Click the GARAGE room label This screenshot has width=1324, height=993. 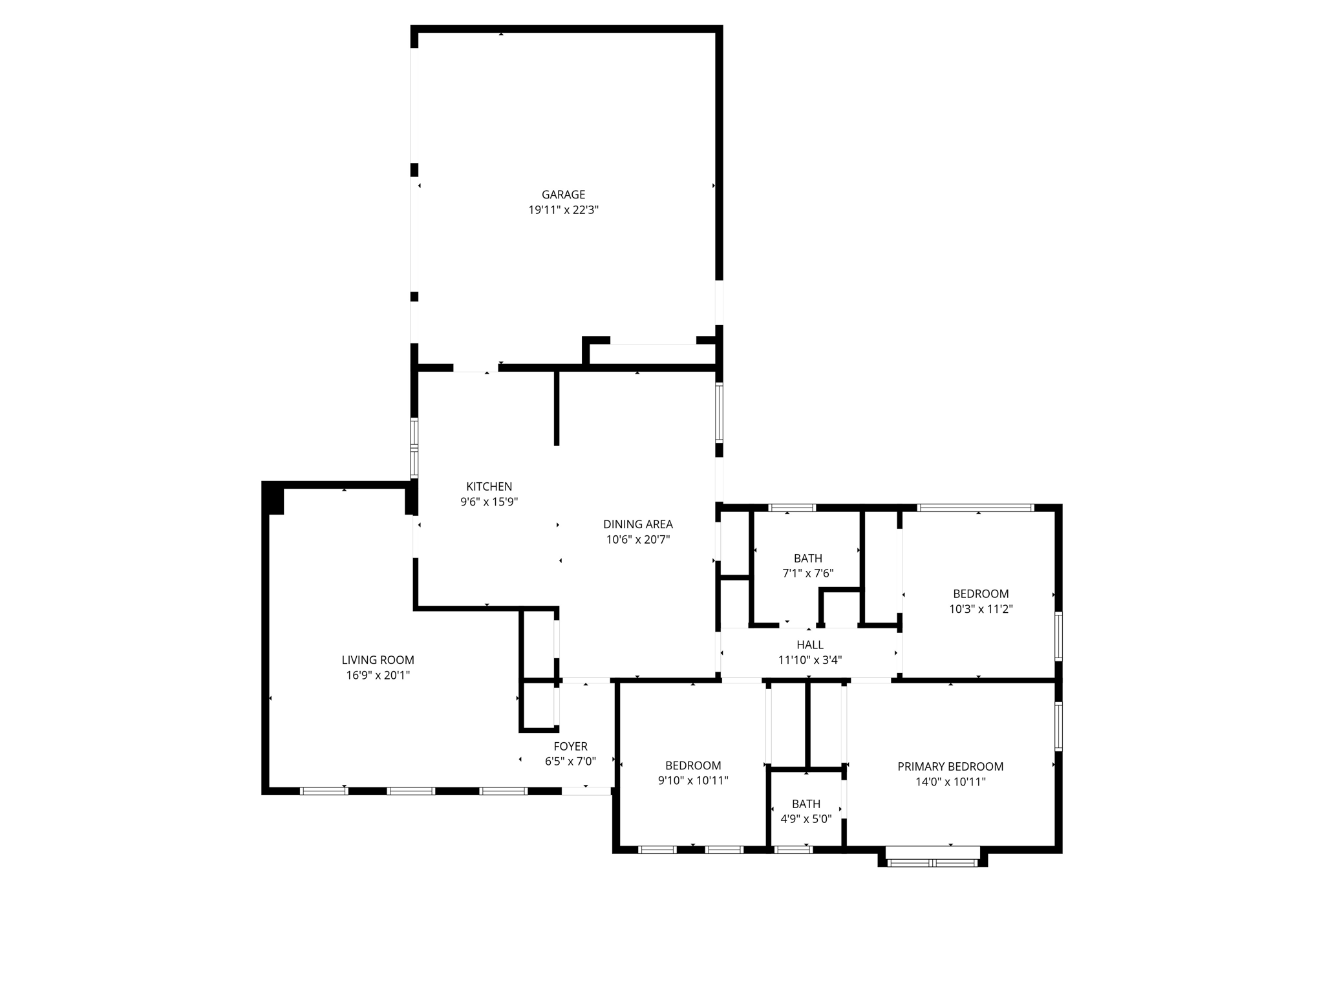[563, 195]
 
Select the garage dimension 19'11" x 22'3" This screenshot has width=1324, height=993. [563, 210]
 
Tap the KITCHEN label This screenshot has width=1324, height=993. [489, 487]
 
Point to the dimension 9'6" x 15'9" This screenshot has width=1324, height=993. [489, 502]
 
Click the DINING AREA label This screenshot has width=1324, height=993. [637, 524]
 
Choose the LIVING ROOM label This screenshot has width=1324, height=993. [378, 660]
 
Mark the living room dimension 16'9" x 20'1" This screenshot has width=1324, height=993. [378, 676]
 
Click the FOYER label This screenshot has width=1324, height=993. [570, 747]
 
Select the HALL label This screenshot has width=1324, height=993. [809, 645]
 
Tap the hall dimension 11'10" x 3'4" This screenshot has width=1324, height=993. [809, 661]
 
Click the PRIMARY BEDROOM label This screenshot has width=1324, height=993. [950, 767]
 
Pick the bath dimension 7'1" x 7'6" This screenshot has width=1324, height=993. [807, 573]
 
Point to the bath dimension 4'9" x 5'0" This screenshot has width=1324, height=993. [806, 819]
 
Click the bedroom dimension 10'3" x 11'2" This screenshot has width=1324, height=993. [980, 609]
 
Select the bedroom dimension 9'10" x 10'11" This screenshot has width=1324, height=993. [692, 781]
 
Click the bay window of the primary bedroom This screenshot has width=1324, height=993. [932, 862]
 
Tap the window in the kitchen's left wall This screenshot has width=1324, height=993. [414, 448]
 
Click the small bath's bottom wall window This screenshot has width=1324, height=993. [793, 850]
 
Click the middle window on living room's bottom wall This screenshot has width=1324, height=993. [411, 791]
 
